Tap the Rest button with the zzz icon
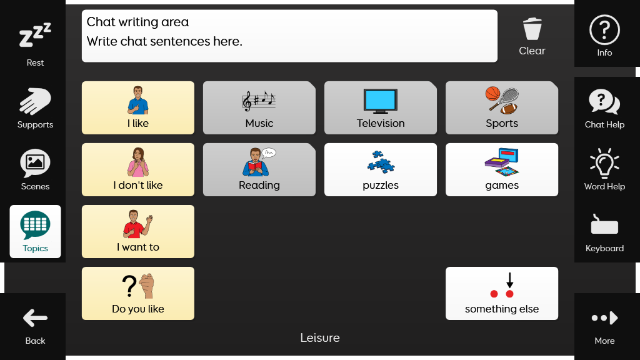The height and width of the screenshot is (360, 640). click(x=35, y=44)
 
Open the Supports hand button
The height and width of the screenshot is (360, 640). click(x=35, y=107)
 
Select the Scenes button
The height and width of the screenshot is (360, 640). click(x=35, y=169)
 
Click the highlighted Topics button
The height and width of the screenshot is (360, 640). click(x=35, y=231)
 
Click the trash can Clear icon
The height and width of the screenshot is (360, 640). click(x=532, y=29)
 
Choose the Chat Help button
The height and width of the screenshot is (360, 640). click(x=604, y=107)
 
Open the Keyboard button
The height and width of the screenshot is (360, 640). click(x=604, y=231)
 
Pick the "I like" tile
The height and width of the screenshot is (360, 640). click(x=138, y=107)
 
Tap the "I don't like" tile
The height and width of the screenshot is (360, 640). click(x=138, y=169)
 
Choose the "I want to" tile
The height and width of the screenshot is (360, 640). click(x=138, y=231)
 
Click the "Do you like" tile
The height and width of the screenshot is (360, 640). click(x=138, y=294)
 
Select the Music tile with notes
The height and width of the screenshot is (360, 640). click(x=259, y=107)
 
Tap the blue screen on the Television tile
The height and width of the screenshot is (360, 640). click(x=381, y=99)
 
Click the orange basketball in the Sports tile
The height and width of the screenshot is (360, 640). click(x=492, y=93)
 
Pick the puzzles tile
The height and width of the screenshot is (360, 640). click(x=381, y=169)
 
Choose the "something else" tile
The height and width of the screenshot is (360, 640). click(x=502, y=294)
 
